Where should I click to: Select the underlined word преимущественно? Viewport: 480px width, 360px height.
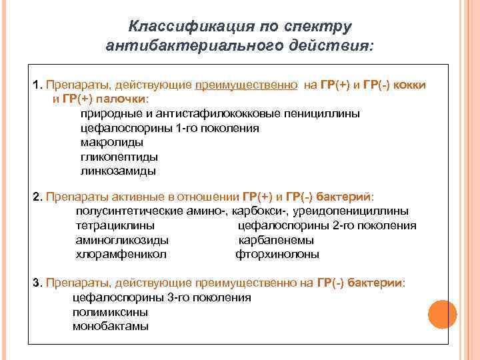(x=247, y=85)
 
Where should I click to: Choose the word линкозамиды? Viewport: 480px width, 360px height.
(x=118, y=171)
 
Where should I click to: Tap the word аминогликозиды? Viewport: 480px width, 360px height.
(x=122, y=240)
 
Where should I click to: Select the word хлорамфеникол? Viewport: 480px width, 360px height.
(x=121, y=254)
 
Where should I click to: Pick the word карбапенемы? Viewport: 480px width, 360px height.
(x=276, y=240)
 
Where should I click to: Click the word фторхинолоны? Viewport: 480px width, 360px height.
(x=277, y=254)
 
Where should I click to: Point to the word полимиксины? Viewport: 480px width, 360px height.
(x=110, y=312)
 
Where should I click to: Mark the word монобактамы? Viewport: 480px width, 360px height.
(x=111, y=326)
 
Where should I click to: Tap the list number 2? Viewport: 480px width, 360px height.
(x=36, y=197)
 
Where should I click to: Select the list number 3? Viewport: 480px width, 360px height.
(x=36, y=283)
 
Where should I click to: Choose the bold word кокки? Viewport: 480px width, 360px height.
(x=410, y=85)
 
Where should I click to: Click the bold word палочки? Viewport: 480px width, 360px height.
(x=124, y=99)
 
